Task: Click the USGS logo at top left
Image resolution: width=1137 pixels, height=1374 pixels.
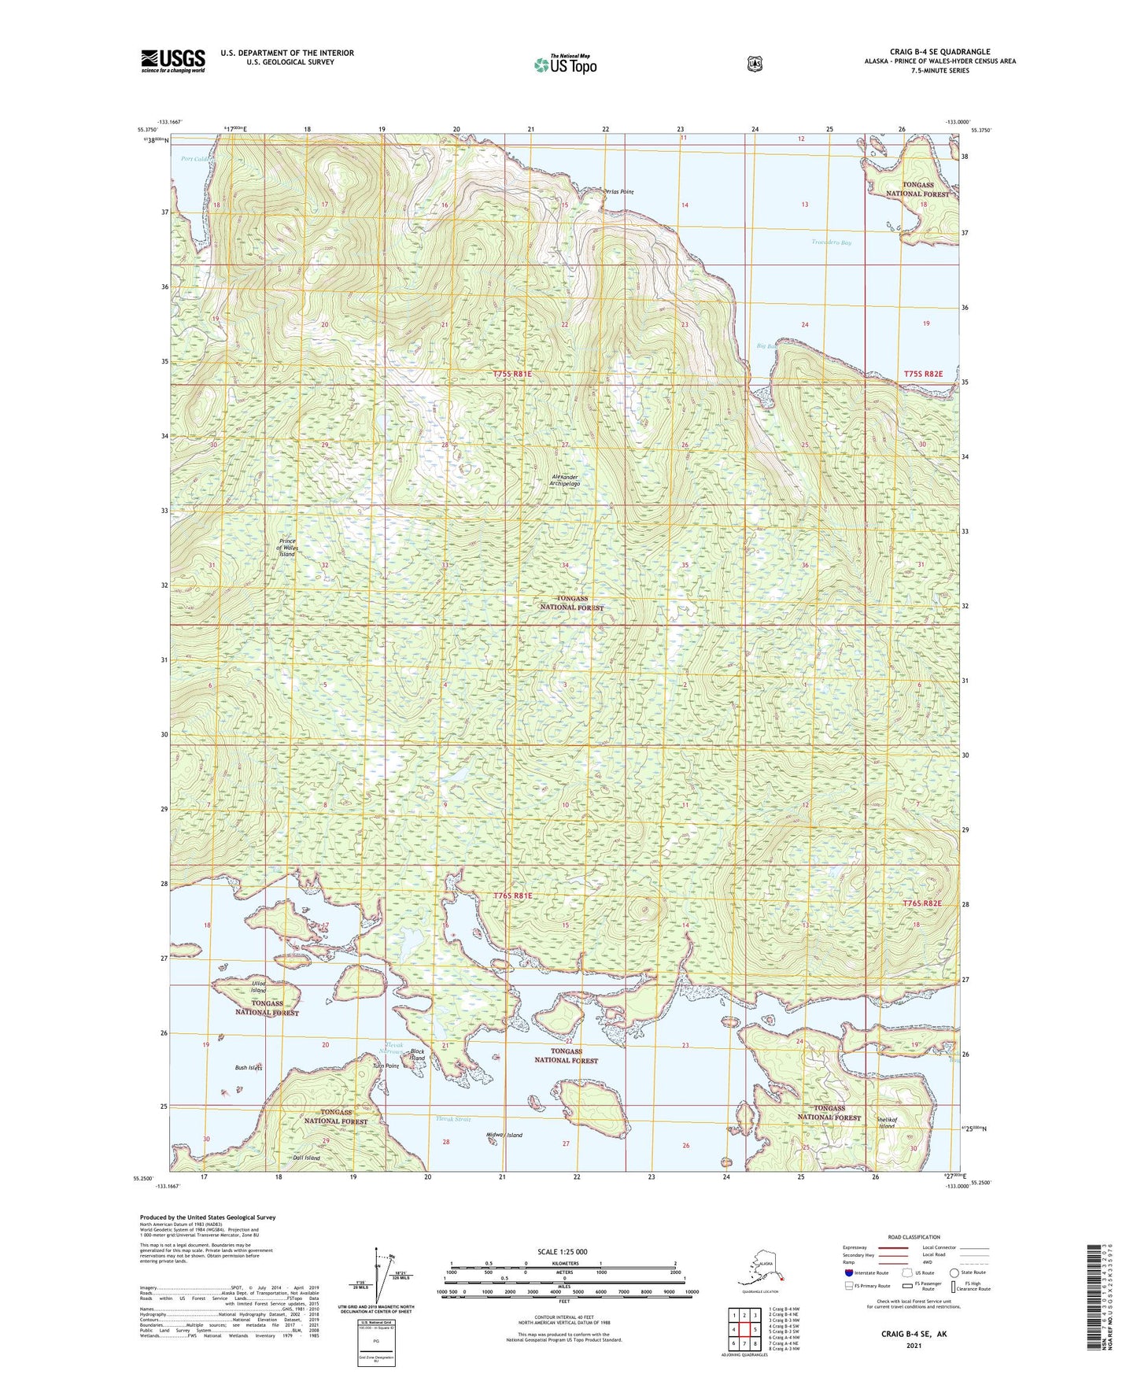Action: (173, 61)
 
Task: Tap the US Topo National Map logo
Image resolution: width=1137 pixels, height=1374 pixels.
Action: (564, 64)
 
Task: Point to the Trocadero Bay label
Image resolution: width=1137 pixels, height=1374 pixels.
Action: (831, 242)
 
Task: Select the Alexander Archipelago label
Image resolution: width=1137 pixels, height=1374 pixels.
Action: (565, 480)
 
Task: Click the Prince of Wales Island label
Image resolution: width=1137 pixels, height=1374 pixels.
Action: (287, 548)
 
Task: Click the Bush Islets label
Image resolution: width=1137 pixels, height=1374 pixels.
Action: (248, 1068)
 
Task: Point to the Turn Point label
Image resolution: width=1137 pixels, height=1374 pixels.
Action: (386, 1066)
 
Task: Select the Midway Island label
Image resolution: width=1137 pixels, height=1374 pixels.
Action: (504, 1135)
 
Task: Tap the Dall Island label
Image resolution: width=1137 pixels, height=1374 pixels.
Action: (306, 1158)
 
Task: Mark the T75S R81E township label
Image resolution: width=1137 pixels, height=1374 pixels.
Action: (513, 374)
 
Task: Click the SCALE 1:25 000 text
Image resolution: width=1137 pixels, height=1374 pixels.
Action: (562, 1251)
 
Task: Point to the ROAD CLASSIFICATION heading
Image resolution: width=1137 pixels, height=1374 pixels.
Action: (914, 1237)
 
